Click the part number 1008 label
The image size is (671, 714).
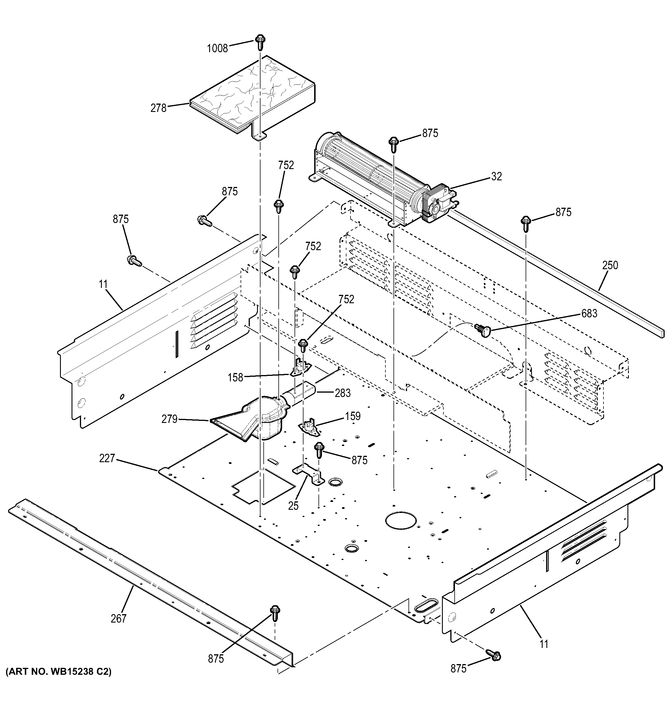click(x=217, y=48)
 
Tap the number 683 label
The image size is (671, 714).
click(x=589, y=313)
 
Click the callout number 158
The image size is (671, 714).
click(x=235, y=377)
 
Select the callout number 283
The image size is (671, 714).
click(x=342, y=393)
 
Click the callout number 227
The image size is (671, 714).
click(x=107, y=458)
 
